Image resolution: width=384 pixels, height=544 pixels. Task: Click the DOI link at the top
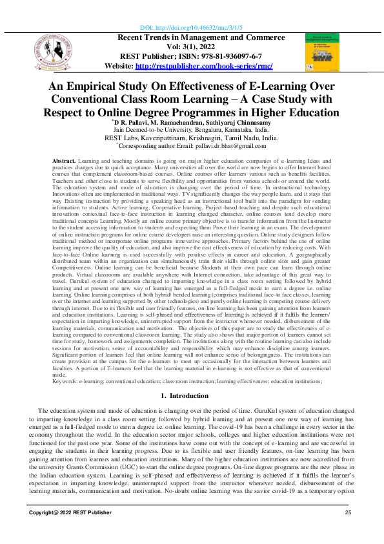pos(192,29)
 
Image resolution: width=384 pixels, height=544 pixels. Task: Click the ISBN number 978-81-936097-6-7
pos(214,57)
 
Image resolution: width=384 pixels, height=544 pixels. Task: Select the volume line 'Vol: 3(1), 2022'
pos(192,48)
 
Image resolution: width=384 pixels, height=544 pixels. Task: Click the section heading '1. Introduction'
pos(192,395)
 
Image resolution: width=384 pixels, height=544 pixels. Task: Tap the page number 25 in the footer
pos(348,512)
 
